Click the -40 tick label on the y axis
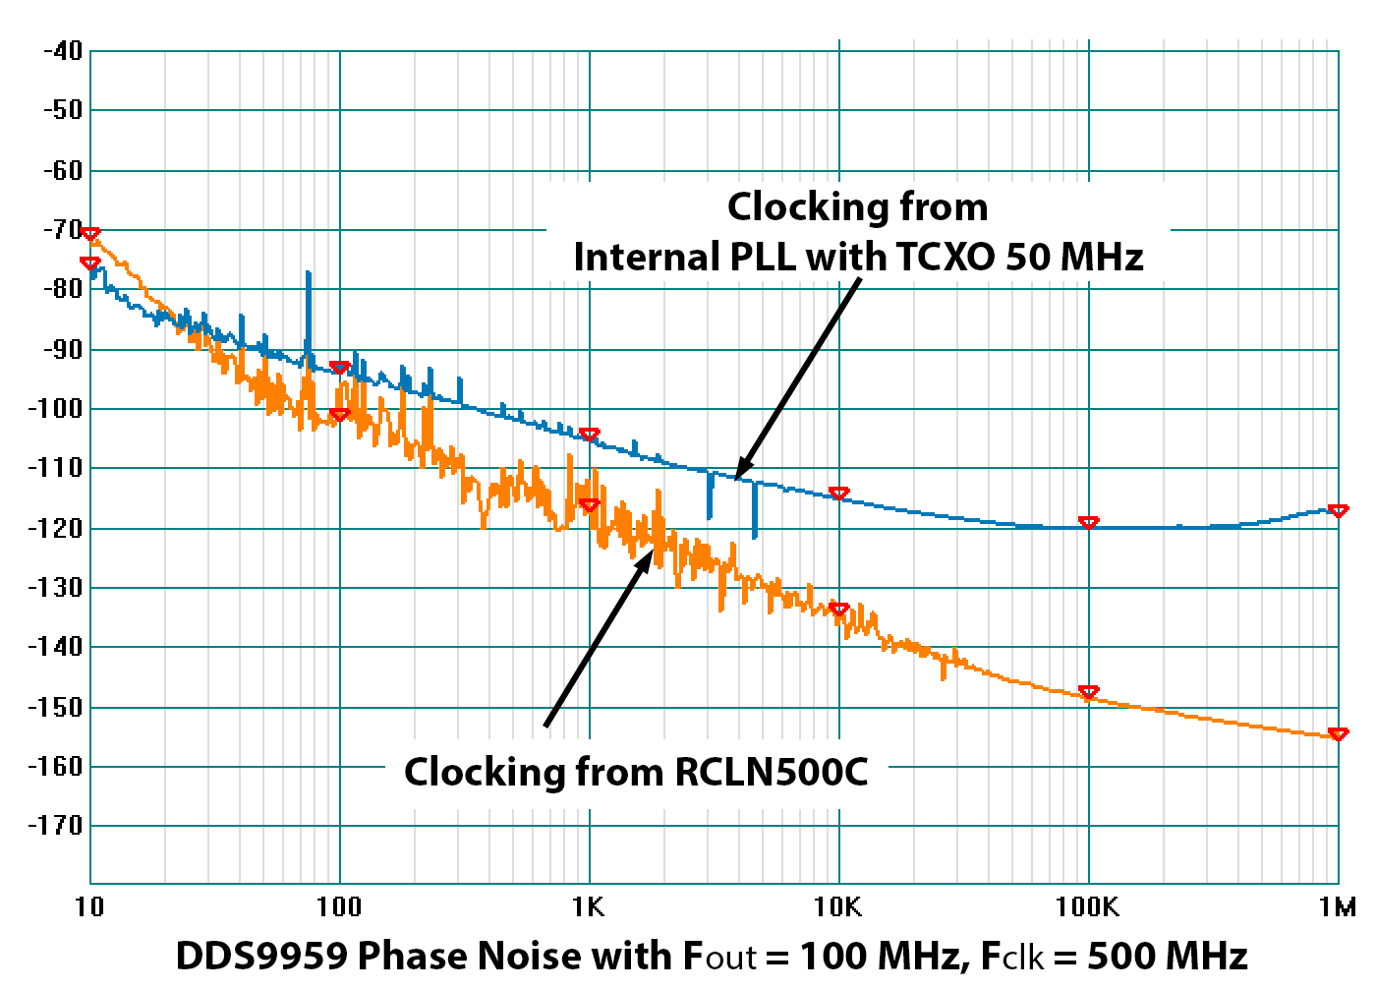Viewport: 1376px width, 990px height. (x=62, y=51)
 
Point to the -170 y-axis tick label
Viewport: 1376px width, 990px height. (x=56, y=826)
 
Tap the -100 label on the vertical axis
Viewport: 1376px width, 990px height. (x=56, y=409)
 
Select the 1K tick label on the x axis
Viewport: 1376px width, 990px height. (x=589, y=906)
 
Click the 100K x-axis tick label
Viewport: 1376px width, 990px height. (x=1087, y=906)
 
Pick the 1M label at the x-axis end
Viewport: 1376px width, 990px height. (x=1337, y=906)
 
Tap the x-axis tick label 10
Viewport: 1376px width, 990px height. (x=89, y=906)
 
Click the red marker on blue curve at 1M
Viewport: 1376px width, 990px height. (x=1338, y=511)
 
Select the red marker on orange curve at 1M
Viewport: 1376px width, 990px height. (x=1338, y=734)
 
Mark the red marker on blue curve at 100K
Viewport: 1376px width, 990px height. (x=1088, y=523)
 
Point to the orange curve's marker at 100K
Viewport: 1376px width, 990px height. (x=1088, y=693)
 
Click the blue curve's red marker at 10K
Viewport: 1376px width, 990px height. (x=838, y=494)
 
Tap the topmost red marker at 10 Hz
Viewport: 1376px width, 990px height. (x=90, y=234)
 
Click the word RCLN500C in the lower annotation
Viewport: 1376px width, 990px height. (x=772, y=772)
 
